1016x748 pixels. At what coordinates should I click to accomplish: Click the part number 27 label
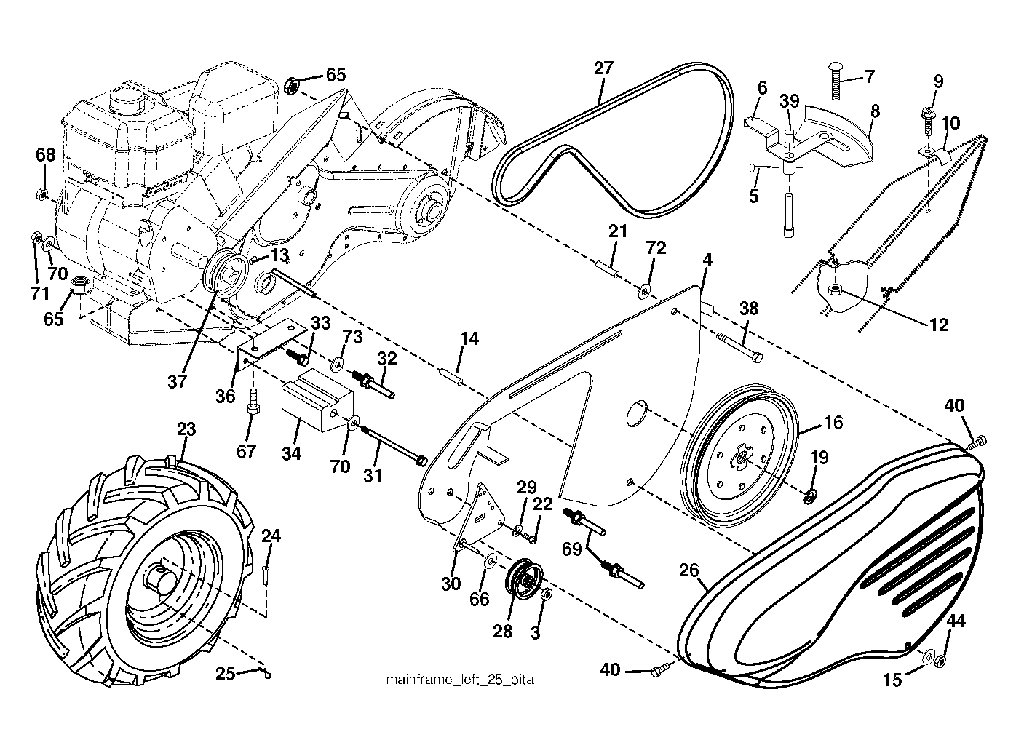[x=603, y=68]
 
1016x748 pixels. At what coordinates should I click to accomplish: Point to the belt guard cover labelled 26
[x=835, y=567]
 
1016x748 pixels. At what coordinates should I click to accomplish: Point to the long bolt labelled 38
[x=739, y=347]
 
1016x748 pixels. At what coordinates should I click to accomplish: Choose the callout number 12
[x=938, y=325]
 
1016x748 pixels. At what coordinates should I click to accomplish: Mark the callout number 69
[x=571, y=549]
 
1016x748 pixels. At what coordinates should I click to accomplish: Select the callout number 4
[x=707, y=260]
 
